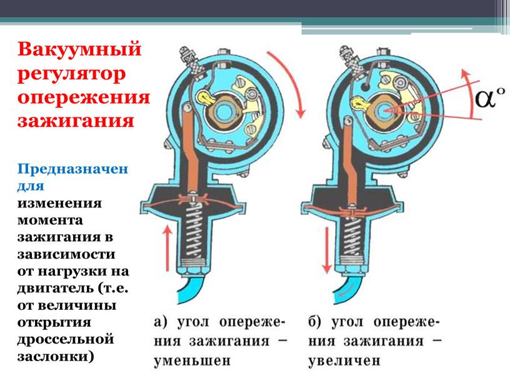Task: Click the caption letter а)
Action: pos(160,323)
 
